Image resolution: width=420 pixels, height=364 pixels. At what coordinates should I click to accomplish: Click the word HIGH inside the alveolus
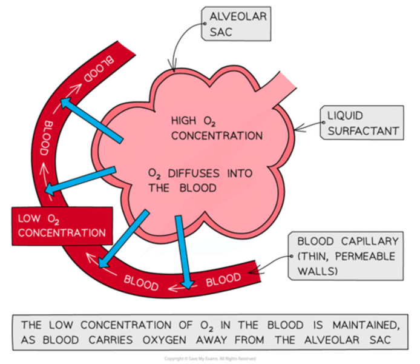pos(184,121)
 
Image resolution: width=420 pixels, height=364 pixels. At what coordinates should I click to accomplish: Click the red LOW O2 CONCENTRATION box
pos(61,224)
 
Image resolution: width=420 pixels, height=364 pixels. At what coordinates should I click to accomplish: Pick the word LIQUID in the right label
pos(346,116)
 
